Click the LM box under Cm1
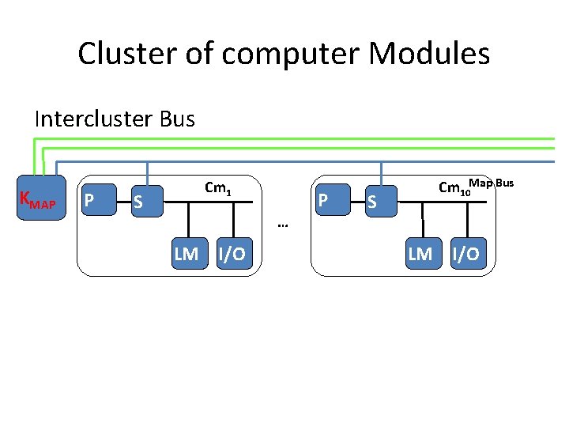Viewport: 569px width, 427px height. [187, 253]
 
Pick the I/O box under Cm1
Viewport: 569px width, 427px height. [232, 253]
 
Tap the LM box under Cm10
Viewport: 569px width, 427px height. [420, 253]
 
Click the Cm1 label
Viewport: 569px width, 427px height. [217, 189]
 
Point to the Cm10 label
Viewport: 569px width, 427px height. [454, 189]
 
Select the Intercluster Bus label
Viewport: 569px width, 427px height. [115, 119]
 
